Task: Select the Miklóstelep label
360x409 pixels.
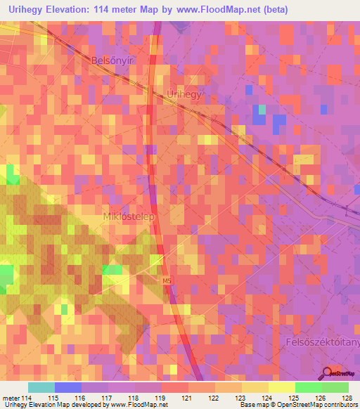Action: click(129, 216)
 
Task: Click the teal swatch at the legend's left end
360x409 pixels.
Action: click(41, 387)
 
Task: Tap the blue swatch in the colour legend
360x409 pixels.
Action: click(67, 387)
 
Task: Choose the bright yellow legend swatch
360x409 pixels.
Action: click(281, 387)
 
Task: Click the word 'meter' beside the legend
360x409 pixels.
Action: click(10, 398)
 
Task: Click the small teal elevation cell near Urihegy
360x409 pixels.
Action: click(262, 110)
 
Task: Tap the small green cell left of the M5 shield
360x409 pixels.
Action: click(112, 270)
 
